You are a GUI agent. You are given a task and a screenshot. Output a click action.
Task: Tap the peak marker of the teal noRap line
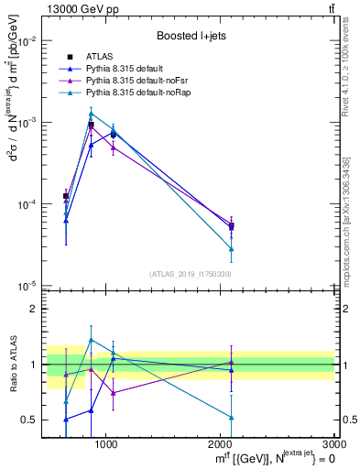point(91,114)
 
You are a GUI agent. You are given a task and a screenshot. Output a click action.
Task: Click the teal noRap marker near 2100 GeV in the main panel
point(231,248)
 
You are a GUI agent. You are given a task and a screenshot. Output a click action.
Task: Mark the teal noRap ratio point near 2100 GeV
point(231,417)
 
